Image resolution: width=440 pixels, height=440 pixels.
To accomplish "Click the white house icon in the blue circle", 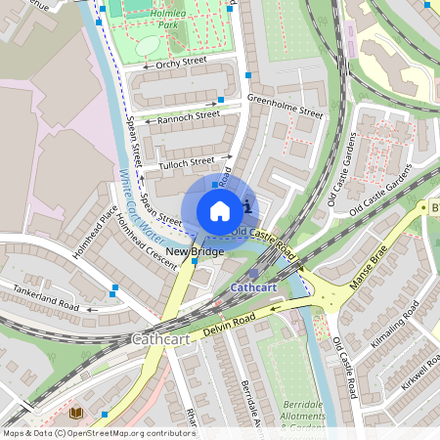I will (x=220, y=210).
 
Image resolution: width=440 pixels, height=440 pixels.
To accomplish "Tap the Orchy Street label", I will (x=177, y=66).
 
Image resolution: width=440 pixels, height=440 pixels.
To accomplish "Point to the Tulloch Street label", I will (x=186, y=162).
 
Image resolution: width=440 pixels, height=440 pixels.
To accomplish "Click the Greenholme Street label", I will (x=285, y=106).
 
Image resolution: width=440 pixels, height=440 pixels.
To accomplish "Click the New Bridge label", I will (x=195, y=252).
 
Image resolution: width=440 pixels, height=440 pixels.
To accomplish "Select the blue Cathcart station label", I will (x=254, y=288).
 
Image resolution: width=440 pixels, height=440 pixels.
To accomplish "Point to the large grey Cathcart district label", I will (x=160, y=338).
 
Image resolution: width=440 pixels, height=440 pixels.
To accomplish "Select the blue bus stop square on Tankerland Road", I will (x=114, y=288).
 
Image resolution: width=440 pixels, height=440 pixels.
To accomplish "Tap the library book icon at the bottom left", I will (x=76, y=414).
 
